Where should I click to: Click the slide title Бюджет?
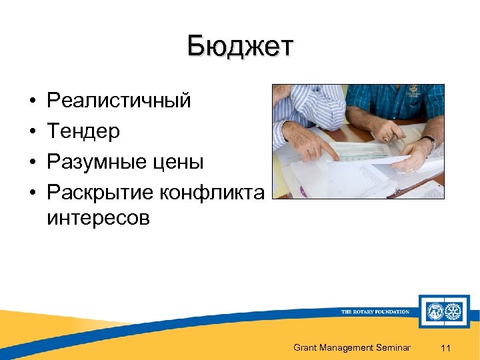tap(240, 47)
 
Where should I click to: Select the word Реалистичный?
tap(119, 101)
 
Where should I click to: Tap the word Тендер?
tap(83, 131)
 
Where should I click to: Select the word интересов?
tap(98, 218)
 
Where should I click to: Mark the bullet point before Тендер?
tap(31, 132)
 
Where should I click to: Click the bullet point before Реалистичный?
tap(31, 101)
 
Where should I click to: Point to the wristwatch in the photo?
tap(429, 141)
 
